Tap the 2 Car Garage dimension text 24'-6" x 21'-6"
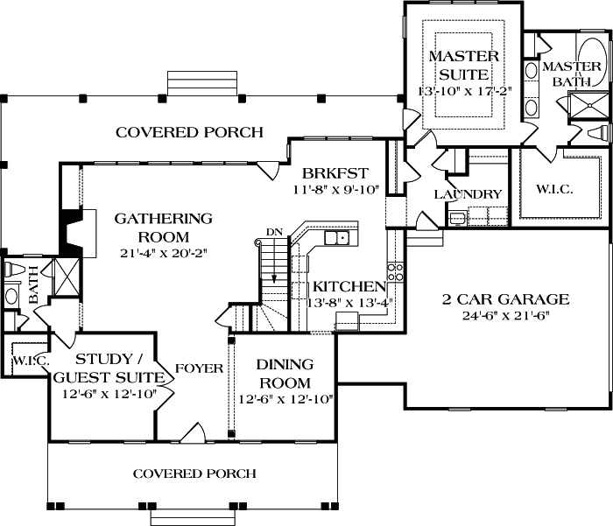tap(504, 316)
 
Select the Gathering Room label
tap(164, 228)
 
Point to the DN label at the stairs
tap(274, 231)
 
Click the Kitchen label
tap(349, 286)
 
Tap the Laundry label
tap(467, 194)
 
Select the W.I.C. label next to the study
tap(30, 361)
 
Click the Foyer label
tap(201, 368)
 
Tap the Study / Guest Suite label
tap(109, 368)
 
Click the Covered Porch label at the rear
tap(189, 133)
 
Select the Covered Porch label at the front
tap(194, 473)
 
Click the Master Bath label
tap(571, 74)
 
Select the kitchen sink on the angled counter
tap(336, 237)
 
